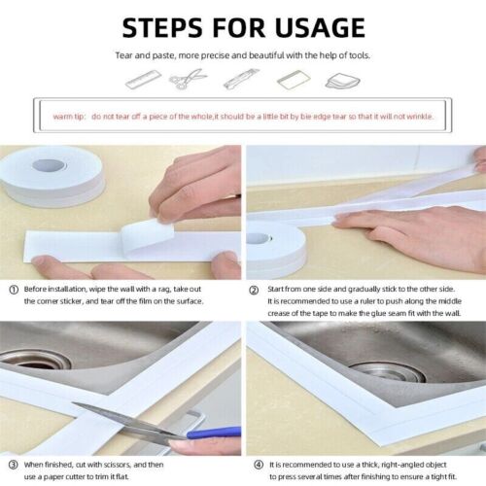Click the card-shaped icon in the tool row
[x=292, y=78]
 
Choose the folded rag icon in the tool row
[x=345, y=78]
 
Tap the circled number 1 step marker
[x=13, y=289]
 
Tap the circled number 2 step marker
[x=254, y=289]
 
